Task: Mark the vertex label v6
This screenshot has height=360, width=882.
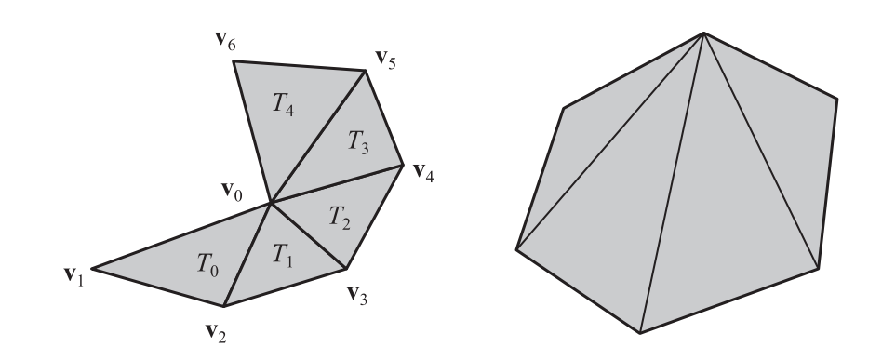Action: click(224, 44)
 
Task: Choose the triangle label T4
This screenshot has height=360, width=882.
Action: click(286, 100)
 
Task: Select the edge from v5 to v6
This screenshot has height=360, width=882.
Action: click(298, 65)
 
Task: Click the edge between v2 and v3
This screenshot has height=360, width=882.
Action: click(283, 287)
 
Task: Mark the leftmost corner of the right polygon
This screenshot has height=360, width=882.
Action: click(516, 248)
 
